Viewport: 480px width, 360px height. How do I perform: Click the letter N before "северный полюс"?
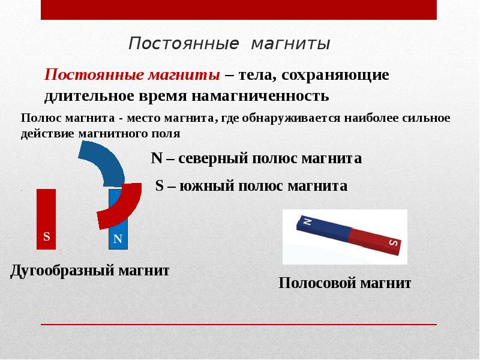(x=157, y=158)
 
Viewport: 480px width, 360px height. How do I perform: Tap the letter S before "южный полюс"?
(x=160, y=185)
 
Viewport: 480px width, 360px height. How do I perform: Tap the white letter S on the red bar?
(x=46, y=237)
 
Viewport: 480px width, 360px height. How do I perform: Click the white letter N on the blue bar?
(x=118, y=239)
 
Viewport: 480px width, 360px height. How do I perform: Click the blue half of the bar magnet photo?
(x=324, y=229)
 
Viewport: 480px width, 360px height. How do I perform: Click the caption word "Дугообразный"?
(x=60, y=271)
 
